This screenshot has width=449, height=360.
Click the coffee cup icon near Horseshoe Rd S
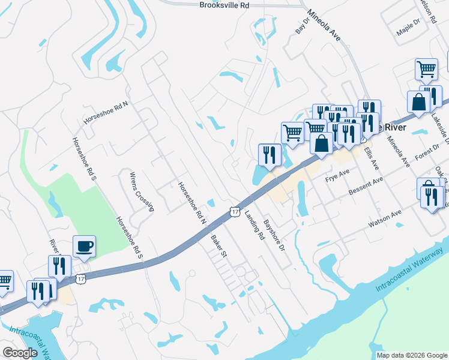pos(84,245)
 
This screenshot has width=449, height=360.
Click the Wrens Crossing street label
pos(142,191)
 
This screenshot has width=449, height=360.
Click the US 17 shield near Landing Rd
pos(235,211)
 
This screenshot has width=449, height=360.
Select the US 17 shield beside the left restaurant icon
pos(80,278)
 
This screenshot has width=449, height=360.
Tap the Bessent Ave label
pos(366,188)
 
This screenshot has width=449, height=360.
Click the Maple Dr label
pos(408,29)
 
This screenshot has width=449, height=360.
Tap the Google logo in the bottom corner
pos(20,353)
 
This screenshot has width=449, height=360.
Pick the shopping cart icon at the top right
pos(426,68)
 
